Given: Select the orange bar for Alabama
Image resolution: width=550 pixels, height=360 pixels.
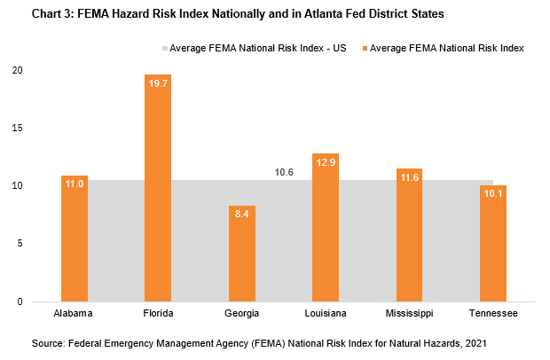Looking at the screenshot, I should (75, 239).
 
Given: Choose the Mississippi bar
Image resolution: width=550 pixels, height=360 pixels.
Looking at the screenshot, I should (409, 235).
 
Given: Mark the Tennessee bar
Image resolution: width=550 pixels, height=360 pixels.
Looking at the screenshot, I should (493, 243).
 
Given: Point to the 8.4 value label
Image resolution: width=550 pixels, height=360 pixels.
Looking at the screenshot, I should (242, 212).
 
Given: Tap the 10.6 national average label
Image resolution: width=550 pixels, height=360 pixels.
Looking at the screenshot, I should (284, 173).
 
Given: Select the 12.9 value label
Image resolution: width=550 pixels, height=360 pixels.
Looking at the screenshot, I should (326, 160).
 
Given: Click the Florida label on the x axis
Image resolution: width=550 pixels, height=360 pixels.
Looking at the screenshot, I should (158, 313).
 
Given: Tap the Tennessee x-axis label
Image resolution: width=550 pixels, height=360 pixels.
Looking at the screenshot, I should (493, 313).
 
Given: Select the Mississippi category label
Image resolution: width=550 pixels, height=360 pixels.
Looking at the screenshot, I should (409, 313).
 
